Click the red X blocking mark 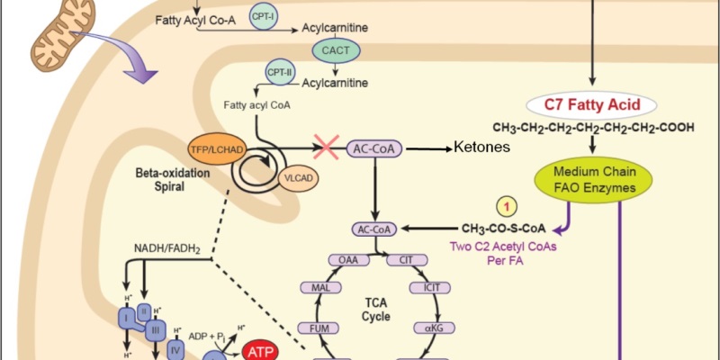[326, 147]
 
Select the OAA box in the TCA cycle [346, 260]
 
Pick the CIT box [400, 260]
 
